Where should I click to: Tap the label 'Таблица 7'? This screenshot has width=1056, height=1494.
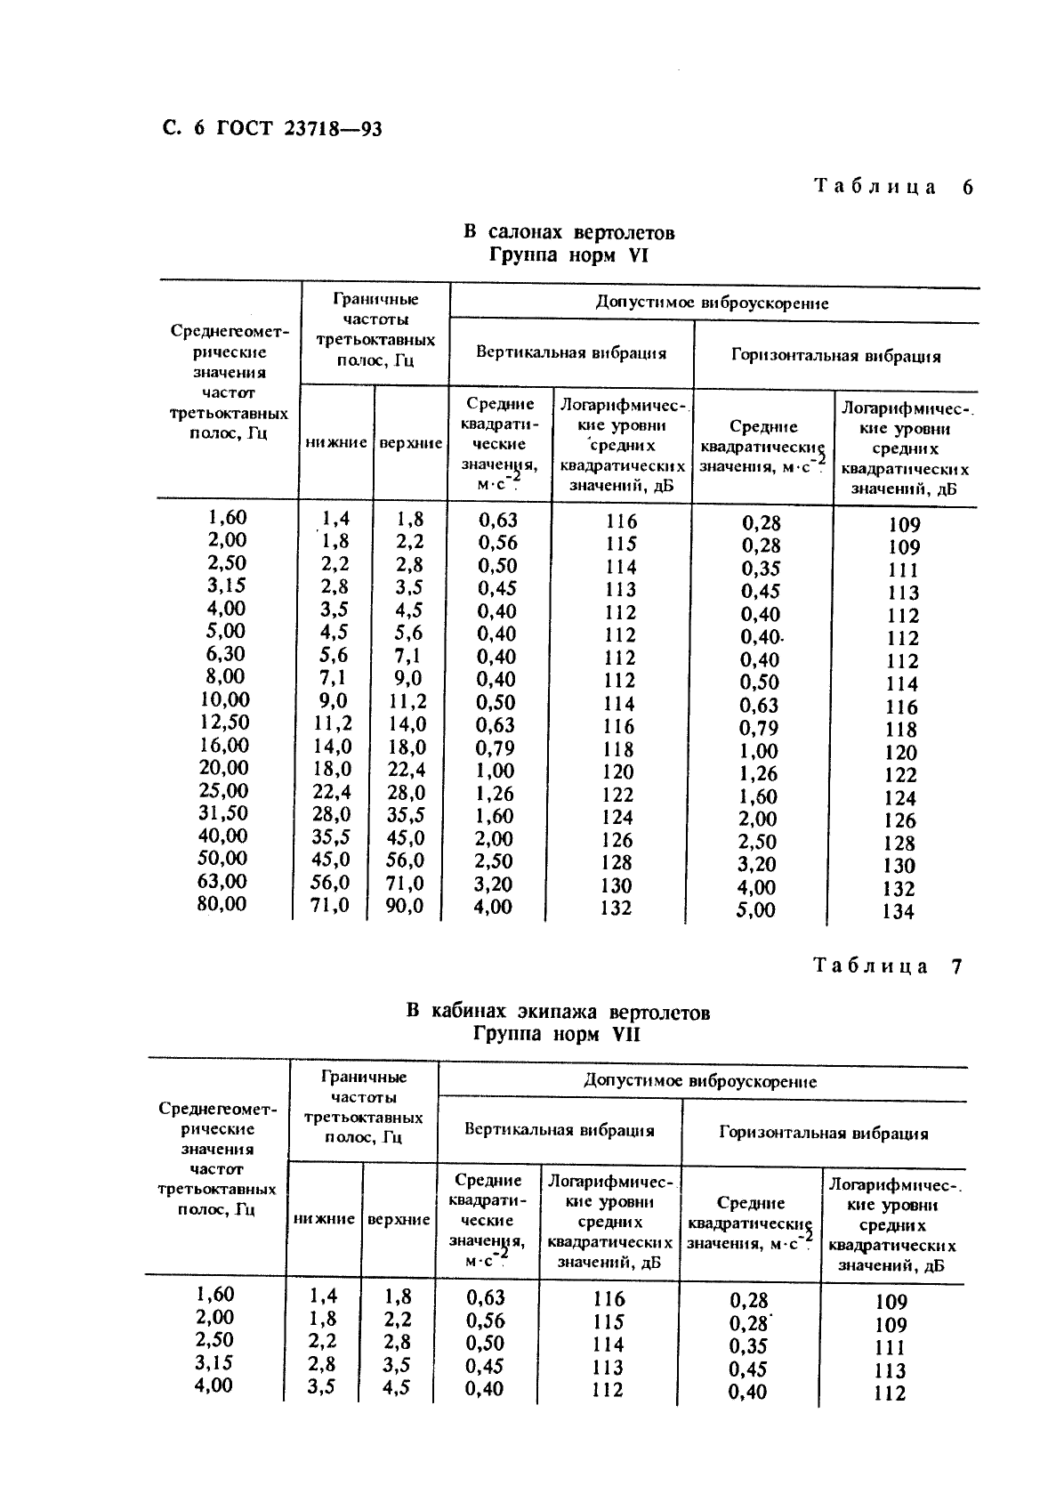(887, 966)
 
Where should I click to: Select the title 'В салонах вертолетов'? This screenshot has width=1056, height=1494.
(568, 233)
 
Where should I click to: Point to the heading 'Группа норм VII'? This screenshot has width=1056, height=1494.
(557, 1035)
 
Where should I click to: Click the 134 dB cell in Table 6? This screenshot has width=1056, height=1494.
(899, 911)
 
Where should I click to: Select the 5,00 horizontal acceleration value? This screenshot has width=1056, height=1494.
(756, 910)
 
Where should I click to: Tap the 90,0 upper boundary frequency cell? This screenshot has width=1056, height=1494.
(405, 907)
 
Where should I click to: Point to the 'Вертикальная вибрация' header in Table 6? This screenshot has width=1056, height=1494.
(571, 352)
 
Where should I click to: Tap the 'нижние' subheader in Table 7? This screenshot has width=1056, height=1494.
(324, 1220)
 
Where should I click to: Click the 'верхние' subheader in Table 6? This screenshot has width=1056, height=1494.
(411, 443)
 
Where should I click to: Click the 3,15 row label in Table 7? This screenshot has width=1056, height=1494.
(214, 1363)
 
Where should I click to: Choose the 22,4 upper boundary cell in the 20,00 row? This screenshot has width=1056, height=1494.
(405, 770)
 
